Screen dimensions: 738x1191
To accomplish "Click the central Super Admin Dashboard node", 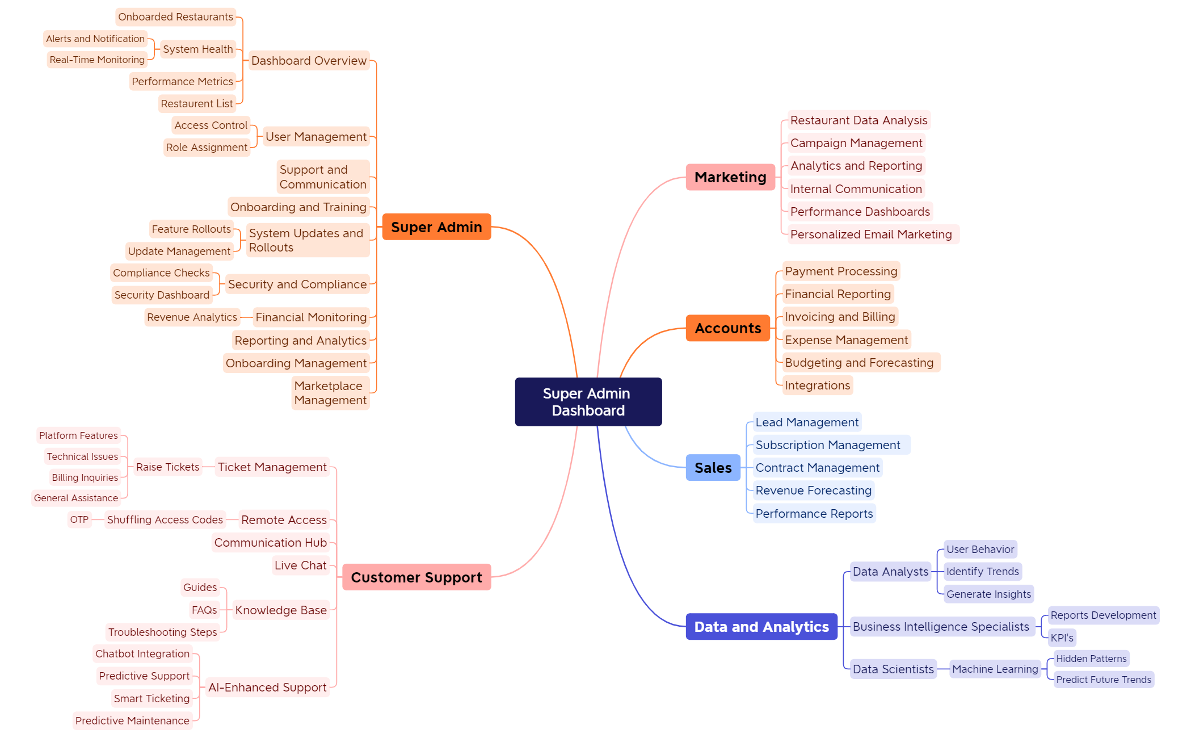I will coord(588,402).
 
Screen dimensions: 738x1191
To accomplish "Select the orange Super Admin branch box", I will coord(436,227).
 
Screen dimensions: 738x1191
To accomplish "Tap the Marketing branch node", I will coord(730,177).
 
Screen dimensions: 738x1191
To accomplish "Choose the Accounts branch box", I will coord(727,328).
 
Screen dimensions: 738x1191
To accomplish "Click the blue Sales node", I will coord(713,468).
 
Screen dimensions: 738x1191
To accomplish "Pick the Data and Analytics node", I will coord(761,627).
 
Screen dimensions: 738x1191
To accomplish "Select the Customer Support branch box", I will coord(416,577).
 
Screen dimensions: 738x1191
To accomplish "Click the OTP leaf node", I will coord(79,519).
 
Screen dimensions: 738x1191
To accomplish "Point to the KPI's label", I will coord(1062,638).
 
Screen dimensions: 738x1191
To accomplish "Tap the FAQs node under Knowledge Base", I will coord(204,610).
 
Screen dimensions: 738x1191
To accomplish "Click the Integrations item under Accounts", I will coord(817,385).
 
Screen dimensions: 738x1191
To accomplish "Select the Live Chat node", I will coord(301,565).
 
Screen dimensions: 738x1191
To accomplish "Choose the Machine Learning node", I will coord(995,669).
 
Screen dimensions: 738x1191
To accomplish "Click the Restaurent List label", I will coord(196,103).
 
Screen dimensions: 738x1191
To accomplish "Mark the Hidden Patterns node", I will coord(1091,659).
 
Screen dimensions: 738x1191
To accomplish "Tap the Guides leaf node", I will coord(200,587).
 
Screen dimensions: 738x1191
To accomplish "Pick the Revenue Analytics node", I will coord(192,317).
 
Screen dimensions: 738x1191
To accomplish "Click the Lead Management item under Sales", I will coord(806,422).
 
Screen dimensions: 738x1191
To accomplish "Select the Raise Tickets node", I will coord(167,467).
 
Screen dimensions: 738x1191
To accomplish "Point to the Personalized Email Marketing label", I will coord(871,234).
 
